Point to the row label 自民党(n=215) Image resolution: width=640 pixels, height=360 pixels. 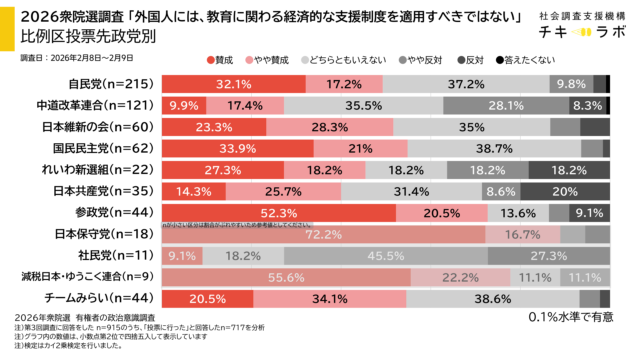(84, 84)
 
